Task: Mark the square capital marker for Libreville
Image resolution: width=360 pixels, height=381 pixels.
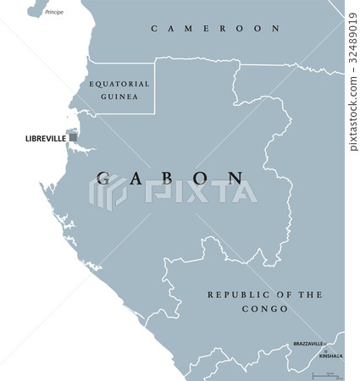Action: click(x=73, y=136)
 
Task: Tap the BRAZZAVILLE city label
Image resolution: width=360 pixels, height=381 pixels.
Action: click(x=307, y=345)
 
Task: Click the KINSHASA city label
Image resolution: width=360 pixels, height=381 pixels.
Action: click(x=331, y=356)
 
